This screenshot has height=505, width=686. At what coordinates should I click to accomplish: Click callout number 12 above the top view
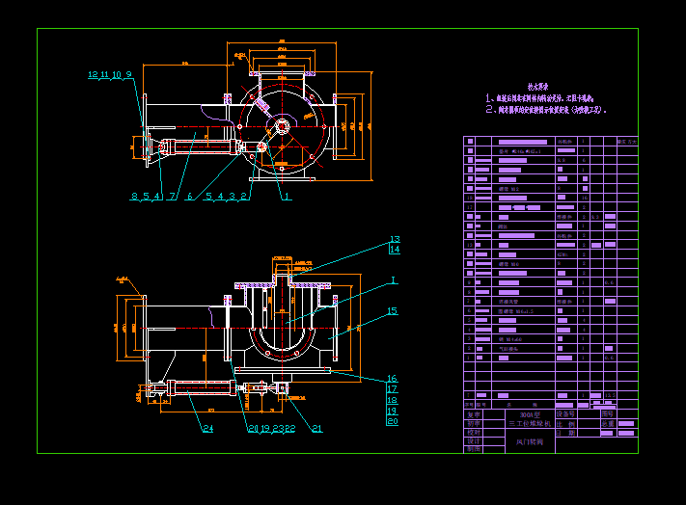click(x=93, y=74)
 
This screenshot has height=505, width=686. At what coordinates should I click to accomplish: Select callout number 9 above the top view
click(x=128, y=74)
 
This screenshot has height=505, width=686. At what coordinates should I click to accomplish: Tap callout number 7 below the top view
click(x=172, y=197)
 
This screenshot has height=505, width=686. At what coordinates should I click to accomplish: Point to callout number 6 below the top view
click(x=189, y=197)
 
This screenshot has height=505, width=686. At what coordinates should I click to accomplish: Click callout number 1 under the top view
click(x=287, y=197)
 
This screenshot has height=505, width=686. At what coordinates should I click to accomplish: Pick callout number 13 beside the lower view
click(x=394, y=239)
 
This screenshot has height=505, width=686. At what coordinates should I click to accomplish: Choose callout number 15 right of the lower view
click(x=392, y=311)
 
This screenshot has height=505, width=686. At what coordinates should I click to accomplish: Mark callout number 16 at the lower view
click(x=392, y=379)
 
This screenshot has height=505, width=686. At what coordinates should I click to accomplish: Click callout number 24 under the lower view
click(x=207, y=429)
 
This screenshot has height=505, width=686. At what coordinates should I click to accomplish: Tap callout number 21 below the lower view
click(x=316, y=429)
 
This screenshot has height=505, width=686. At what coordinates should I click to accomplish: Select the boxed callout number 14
click(x=394, y=250)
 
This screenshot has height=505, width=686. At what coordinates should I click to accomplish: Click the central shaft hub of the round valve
click(x=282, y=125)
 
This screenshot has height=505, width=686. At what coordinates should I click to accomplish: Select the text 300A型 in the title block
click(x=530, y=413)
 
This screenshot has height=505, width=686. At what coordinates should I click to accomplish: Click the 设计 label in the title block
click(x=473, y=440)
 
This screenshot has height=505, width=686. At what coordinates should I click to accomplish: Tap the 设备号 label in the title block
click(x=565, y=412)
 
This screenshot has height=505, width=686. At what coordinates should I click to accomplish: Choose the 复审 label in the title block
click(x=473, y=422)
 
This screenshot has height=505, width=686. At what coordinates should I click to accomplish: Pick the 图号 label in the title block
click(x=607, y=412)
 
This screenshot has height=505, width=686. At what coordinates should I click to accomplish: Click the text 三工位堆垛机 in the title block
click(x=530, y=423)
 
